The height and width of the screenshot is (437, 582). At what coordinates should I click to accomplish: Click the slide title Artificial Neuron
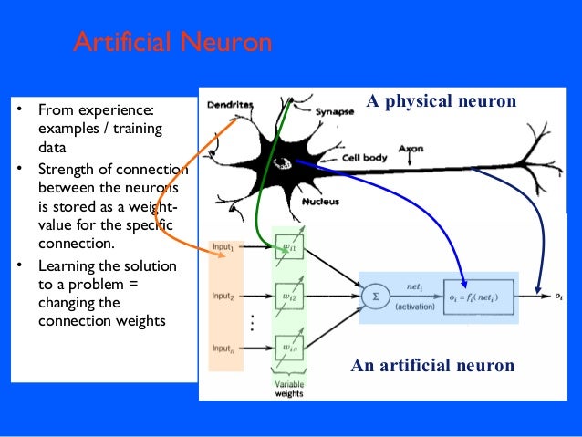point(172,43)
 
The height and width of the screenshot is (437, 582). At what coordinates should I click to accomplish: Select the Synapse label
point(334,113)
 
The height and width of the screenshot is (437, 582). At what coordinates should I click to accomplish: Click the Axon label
point(411,146)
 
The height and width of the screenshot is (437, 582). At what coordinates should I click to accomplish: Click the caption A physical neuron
point(442,100)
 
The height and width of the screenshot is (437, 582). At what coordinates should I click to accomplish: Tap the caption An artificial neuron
point(432,366)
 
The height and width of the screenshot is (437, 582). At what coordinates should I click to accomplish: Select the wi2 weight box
point(288,297)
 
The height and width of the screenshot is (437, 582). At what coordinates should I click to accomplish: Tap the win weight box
point(288,347)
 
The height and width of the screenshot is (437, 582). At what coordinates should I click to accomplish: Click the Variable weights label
point(290,390)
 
